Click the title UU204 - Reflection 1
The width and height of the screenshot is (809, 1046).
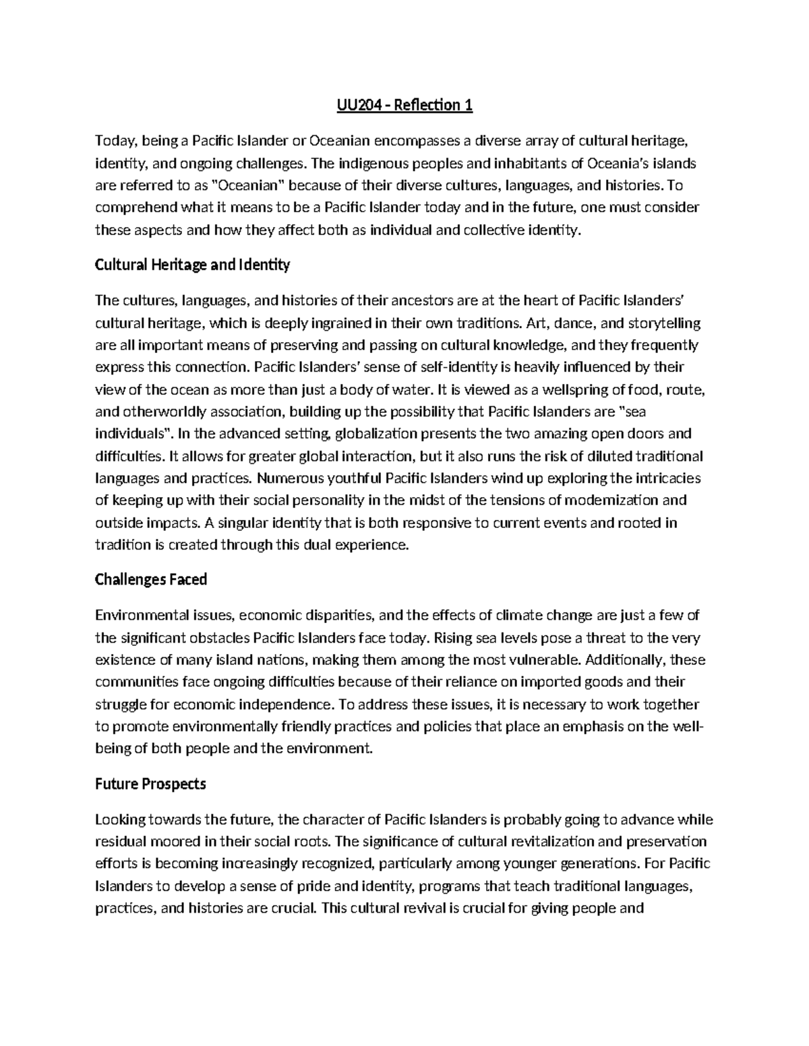click(x=404, y=106)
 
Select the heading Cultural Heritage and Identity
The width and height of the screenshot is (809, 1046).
click(x=192, y=265)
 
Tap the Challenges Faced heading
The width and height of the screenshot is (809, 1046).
click(x=150, y=579)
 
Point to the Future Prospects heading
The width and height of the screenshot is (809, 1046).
click(x=150, y=784)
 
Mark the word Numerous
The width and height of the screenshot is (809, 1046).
click(x=287, y=478)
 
